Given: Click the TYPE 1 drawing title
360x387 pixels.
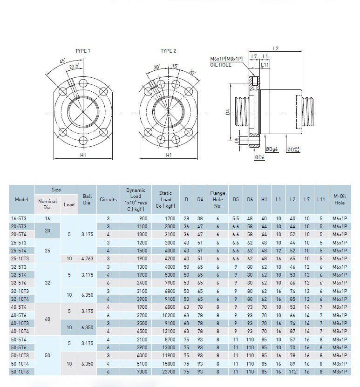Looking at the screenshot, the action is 82,51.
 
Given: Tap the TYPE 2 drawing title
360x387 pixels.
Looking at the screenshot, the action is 168,51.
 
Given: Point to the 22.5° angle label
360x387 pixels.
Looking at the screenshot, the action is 74,66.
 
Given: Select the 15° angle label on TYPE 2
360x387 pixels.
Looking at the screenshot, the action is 175,66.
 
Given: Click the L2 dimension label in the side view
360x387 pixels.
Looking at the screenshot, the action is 276,48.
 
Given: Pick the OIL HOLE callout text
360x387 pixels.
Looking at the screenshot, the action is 221,65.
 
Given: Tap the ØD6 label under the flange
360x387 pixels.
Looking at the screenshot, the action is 260,157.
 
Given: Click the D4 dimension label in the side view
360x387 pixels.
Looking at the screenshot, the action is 228,112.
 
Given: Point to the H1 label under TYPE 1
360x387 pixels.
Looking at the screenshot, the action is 83,155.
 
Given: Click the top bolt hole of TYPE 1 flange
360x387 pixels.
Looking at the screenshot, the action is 83,83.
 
